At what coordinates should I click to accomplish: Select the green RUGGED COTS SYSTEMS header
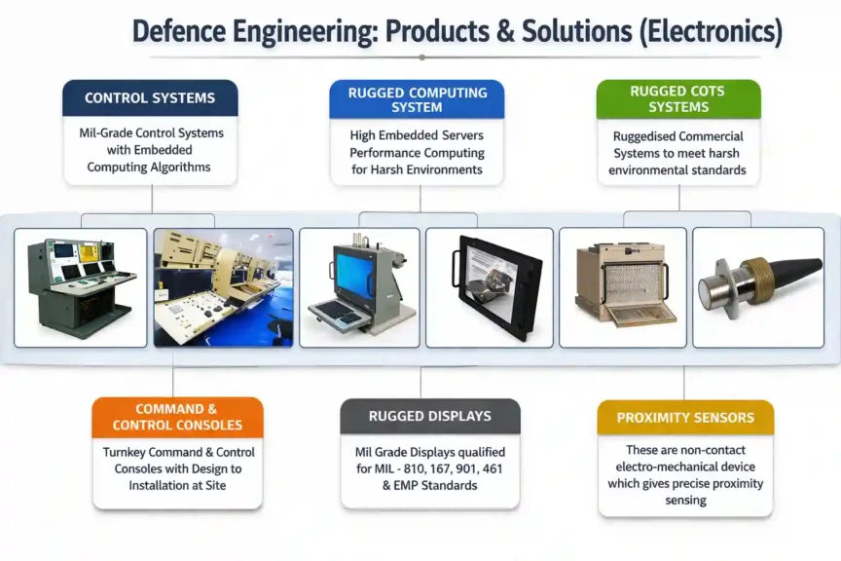click(x=677, y=99)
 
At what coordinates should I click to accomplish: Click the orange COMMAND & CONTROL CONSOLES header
click(x=177, y=417)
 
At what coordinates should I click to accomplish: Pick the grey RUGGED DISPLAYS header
click(x=429, y=416)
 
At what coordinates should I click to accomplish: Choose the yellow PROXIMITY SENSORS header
click(x=684, y=418)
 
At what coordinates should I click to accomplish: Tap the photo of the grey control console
click(x=81, y=287)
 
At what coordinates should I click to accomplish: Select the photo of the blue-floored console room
click(x=223, y=287)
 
